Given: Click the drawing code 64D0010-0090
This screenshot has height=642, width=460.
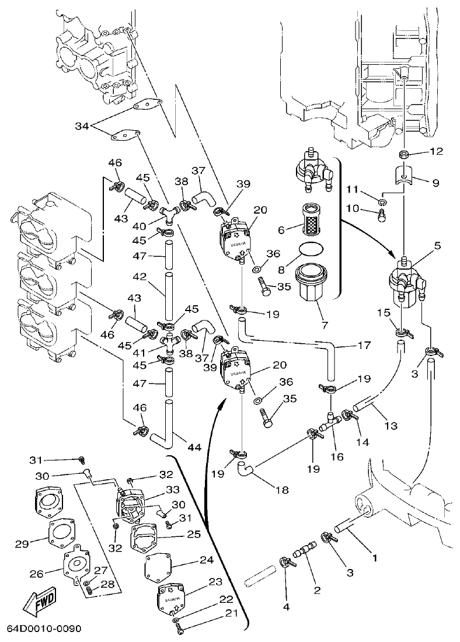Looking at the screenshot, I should [x=44, y=629].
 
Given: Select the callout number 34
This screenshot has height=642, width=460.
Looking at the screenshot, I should [x=82, y=126].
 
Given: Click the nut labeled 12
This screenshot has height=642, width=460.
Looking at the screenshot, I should [x=404, y=155].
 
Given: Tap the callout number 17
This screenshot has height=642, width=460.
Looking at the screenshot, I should [x=364, y=346].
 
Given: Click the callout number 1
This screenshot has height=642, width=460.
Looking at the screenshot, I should [x=375, y=557].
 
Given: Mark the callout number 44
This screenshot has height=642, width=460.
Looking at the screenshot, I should [x=194, y=448].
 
